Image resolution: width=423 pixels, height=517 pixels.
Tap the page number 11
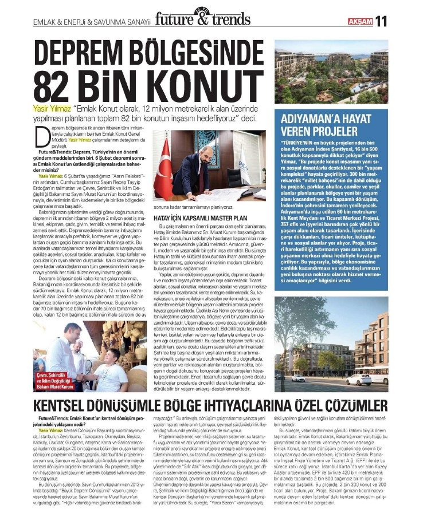click(382, 20)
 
